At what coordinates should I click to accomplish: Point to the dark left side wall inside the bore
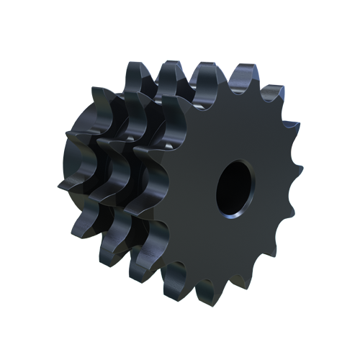[224, 189]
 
